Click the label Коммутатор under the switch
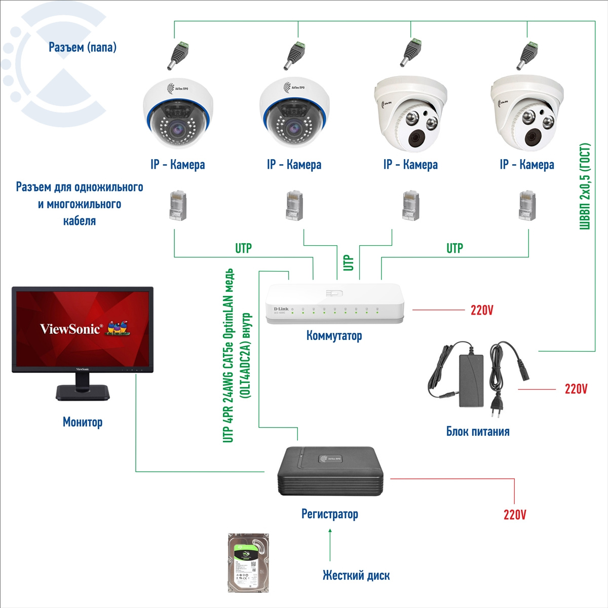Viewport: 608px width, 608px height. (334, 335)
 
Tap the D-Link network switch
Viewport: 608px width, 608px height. (335, 303)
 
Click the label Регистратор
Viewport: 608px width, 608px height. (329, 514)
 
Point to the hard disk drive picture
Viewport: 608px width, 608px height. (249, 562)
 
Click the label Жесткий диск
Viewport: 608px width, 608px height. (356, 575)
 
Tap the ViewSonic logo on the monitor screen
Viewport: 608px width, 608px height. (71, 329)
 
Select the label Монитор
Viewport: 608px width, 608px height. (83, 422)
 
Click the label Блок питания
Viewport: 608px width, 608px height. (477, 431)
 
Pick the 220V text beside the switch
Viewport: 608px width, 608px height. (481, 310)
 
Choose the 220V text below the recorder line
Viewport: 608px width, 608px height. (514, 515)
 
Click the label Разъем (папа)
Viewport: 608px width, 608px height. (83, 47)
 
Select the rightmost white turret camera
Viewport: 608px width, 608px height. (527, 113)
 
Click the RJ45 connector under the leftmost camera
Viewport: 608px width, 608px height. (177, 205)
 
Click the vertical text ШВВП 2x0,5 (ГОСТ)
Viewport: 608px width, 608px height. (585, 186)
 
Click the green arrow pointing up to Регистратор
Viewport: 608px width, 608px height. (330, 544)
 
